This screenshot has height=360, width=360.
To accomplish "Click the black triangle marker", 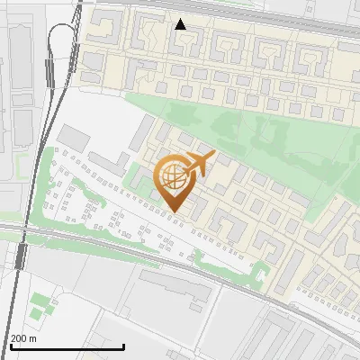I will [x=181, y=24].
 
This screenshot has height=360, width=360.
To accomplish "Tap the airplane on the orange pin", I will [x=198, y=165].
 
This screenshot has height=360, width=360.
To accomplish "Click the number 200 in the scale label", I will [x=18, y=338].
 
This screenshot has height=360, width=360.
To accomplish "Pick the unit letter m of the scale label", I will [x=33, y=338].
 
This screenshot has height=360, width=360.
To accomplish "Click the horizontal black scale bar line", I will [x=67, y=346].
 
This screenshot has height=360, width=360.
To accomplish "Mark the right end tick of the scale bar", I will [x=123, y=346].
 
